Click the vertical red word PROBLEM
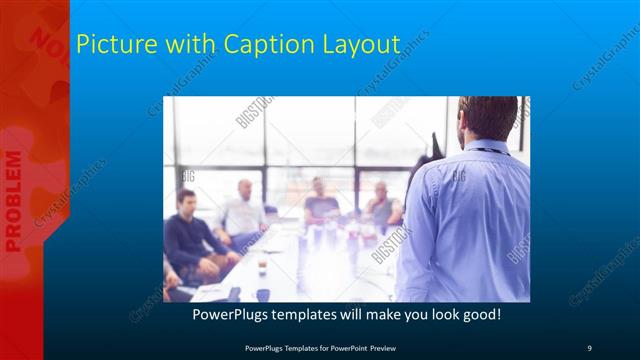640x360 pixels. click(x=14, y=200)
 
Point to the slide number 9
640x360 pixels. click(x=590, y=347)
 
